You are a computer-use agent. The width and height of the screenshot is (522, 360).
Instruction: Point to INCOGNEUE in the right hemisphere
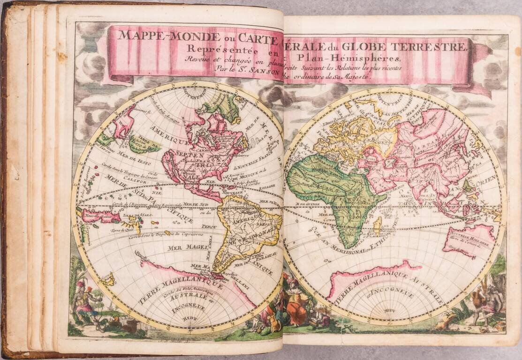click(x=394, y=295)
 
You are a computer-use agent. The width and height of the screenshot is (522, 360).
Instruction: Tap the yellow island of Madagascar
click(x=377, y=225)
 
